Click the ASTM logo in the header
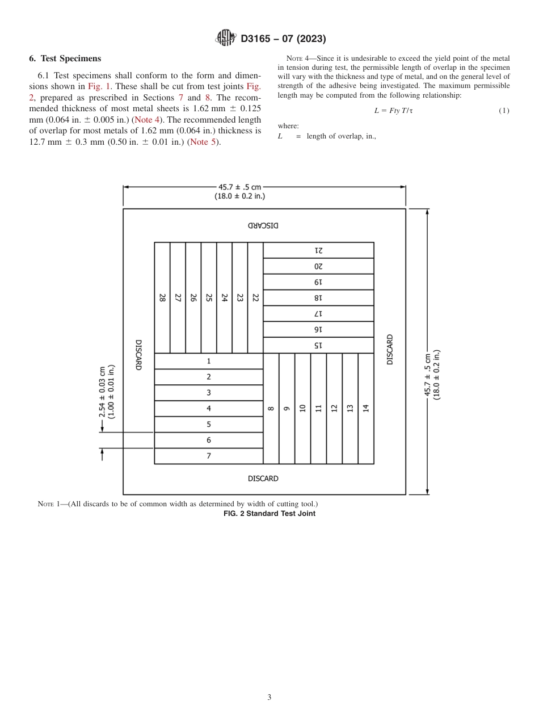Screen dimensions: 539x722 [226, 39]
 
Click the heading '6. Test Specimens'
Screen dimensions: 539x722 [65, 58]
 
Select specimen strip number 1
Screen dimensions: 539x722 [209, 361]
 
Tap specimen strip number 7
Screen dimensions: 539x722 [209, 456]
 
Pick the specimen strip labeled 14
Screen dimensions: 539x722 [366, 408]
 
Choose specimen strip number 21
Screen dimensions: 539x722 [318, 250]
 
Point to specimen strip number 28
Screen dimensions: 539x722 [162, 297]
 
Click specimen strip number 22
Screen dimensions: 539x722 [255, 297]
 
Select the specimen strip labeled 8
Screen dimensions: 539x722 [271, 408]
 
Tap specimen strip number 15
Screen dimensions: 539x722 [318, 345]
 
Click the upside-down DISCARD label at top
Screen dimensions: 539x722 [263, 225]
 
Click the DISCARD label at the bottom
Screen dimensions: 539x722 [263, 478]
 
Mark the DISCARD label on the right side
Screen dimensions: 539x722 [390, 350]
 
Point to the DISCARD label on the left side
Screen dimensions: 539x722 [138, 355]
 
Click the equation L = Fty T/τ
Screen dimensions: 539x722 [393, 111]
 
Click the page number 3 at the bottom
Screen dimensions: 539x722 [269, 697]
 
